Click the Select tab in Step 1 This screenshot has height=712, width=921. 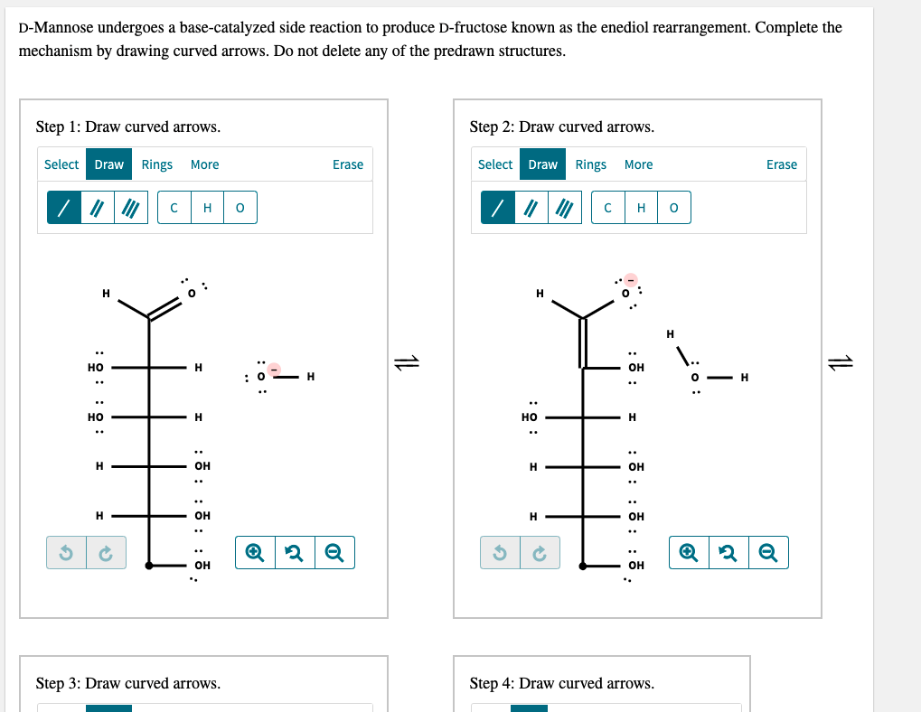(61, 164)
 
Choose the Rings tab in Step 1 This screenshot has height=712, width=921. (157, 164)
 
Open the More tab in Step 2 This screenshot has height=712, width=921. (638, 164)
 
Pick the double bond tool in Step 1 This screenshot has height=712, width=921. (98, 208)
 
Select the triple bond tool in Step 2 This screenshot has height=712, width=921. (565, 208)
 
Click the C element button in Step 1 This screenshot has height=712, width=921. (174, 208)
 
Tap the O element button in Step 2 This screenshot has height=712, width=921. (673, 208)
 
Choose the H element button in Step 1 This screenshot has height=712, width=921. (207, 208)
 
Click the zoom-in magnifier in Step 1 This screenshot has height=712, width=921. (255, 552)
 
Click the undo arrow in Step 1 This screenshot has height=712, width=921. (66, 552)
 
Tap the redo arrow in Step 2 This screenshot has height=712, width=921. (540, 552)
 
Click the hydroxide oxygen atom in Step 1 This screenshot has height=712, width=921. (261, 377)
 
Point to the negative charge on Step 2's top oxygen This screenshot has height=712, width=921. (631, 280)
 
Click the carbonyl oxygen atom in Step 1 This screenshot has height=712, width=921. (192, 293)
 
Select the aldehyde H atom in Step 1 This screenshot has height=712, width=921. (106, 293)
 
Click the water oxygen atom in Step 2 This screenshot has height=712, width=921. (695, 378)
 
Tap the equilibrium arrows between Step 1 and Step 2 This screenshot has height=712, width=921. (407, 362)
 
